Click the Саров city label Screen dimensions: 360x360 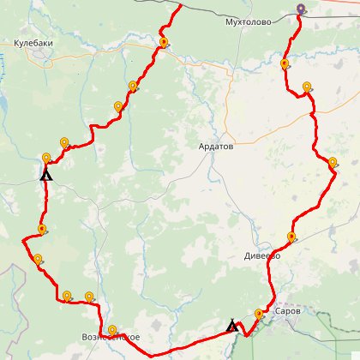(288, 311)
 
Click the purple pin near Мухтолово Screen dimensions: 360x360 (301, 10)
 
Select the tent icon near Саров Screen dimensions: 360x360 (231, 326)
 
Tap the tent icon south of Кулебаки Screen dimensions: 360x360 (46, 174)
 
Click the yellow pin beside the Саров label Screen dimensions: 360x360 (260, 315)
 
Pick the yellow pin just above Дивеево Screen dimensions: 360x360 (291, 237)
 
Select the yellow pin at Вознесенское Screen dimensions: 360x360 (112, 331)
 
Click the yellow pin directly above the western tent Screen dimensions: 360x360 (46, 159)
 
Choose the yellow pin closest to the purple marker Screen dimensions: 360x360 (285, 63)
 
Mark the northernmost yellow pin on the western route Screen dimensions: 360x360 (163, 41)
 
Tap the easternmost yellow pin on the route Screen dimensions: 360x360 (333, 161)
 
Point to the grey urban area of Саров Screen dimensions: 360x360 (283, 325)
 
